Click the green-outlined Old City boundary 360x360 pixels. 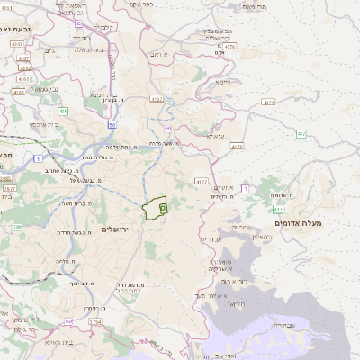(157, 208)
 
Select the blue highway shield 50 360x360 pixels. (112, 125)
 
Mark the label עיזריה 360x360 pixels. (229, 227)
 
